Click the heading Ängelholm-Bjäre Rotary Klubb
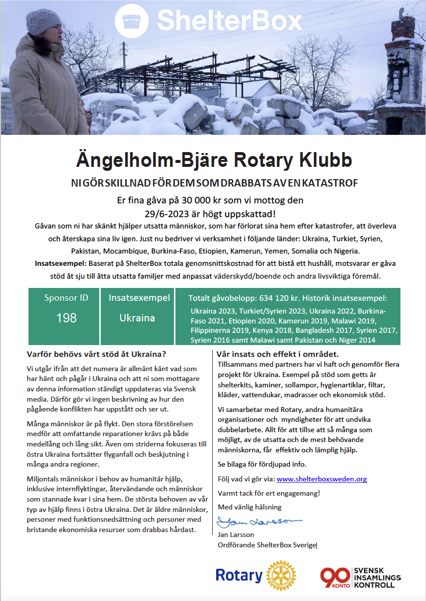(x=214, y=161)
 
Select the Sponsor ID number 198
(x=66, y=317)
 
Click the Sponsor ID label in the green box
(x=66, y=298)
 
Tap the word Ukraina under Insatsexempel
(x=137, y=317)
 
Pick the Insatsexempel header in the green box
(x=139, y=298)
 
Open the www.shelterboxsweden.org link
(x=321, y=479)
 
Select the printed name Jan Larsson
(x=236, y=535)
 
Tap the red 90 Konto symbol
(x=336, y=576)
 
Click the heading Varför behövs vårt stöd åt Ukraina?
(x=97, y=354)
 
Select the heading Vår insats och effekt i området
(x=278, y=354)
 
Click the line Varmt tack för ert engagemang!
(x=269, y=493)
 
